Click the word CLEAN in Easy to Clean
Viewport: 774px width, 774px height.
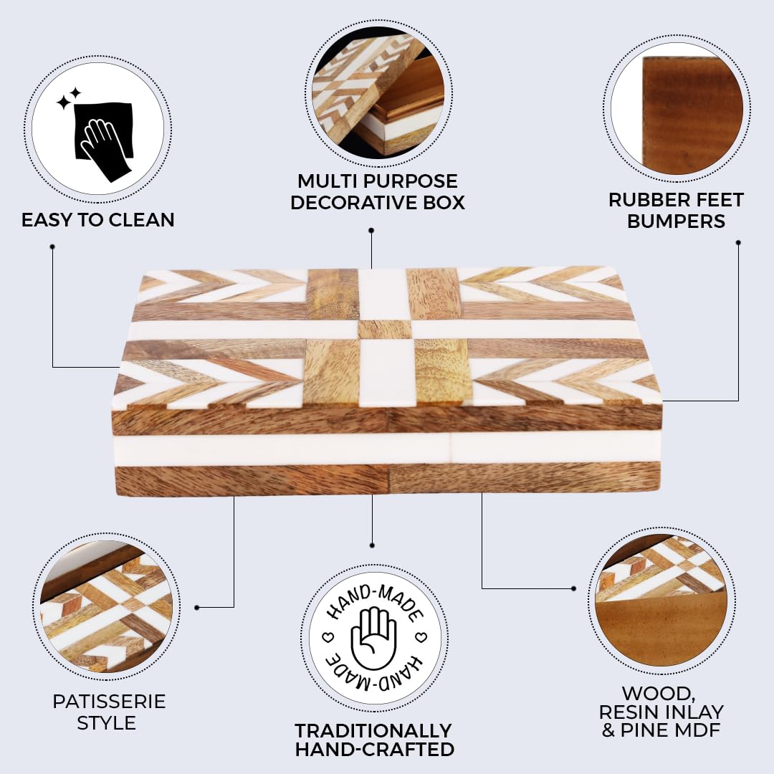[x=141, y=220]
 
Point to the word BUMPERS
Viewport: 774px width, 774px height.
[x=676, y=221]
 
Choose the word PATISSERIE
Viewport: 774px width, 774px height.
[x=109, y=702]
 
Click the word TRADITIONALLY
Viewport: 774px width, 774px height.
[x=373, y=730]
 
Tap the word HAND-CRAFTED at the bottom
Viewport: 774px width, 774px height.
[x=375, y=750]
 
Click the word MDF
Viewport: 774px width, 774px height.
[x=699, y=730]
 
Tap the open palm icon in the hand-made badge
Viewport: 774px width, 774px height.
[x=373, y=637]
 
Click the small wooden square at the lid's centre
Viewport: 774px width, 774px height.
[x=385, y=329]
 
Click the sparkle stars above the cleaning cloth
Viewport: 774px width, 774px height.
[x=69, y=99]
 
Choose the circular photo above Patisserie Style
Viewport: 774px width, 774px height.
[x=106, y=607]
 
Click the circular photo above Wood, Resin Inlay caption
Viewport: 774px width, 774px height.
[x=661, y=601]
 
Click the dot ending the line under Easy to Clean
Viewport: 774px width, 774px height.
[x=52, y=247]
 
